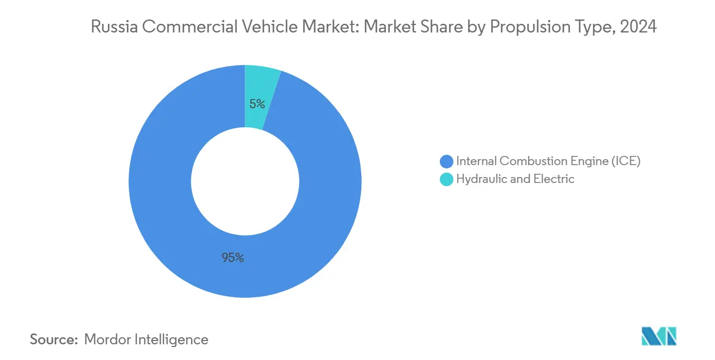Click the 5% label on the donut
[x=257, y=104]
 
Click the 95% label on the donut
[x=233, y=258]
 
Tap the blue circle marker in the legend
[x=447, y=161]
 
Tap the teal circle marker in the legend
[x=447, y=179]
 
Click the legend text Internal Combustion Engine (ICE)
[x=548, y=161]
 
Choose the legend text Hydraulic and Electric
[x=515, y=179]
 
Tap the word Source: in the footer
[x=54, y=339]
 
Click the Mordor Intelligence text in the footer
[x=146, y=339]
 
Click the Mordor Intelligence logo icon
[x=659, y=337]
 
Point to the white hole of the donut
[x=245, y=181]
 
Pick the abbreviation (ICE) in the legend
[x=625, y=161]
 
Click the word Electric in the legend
[x=554, y=179]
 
